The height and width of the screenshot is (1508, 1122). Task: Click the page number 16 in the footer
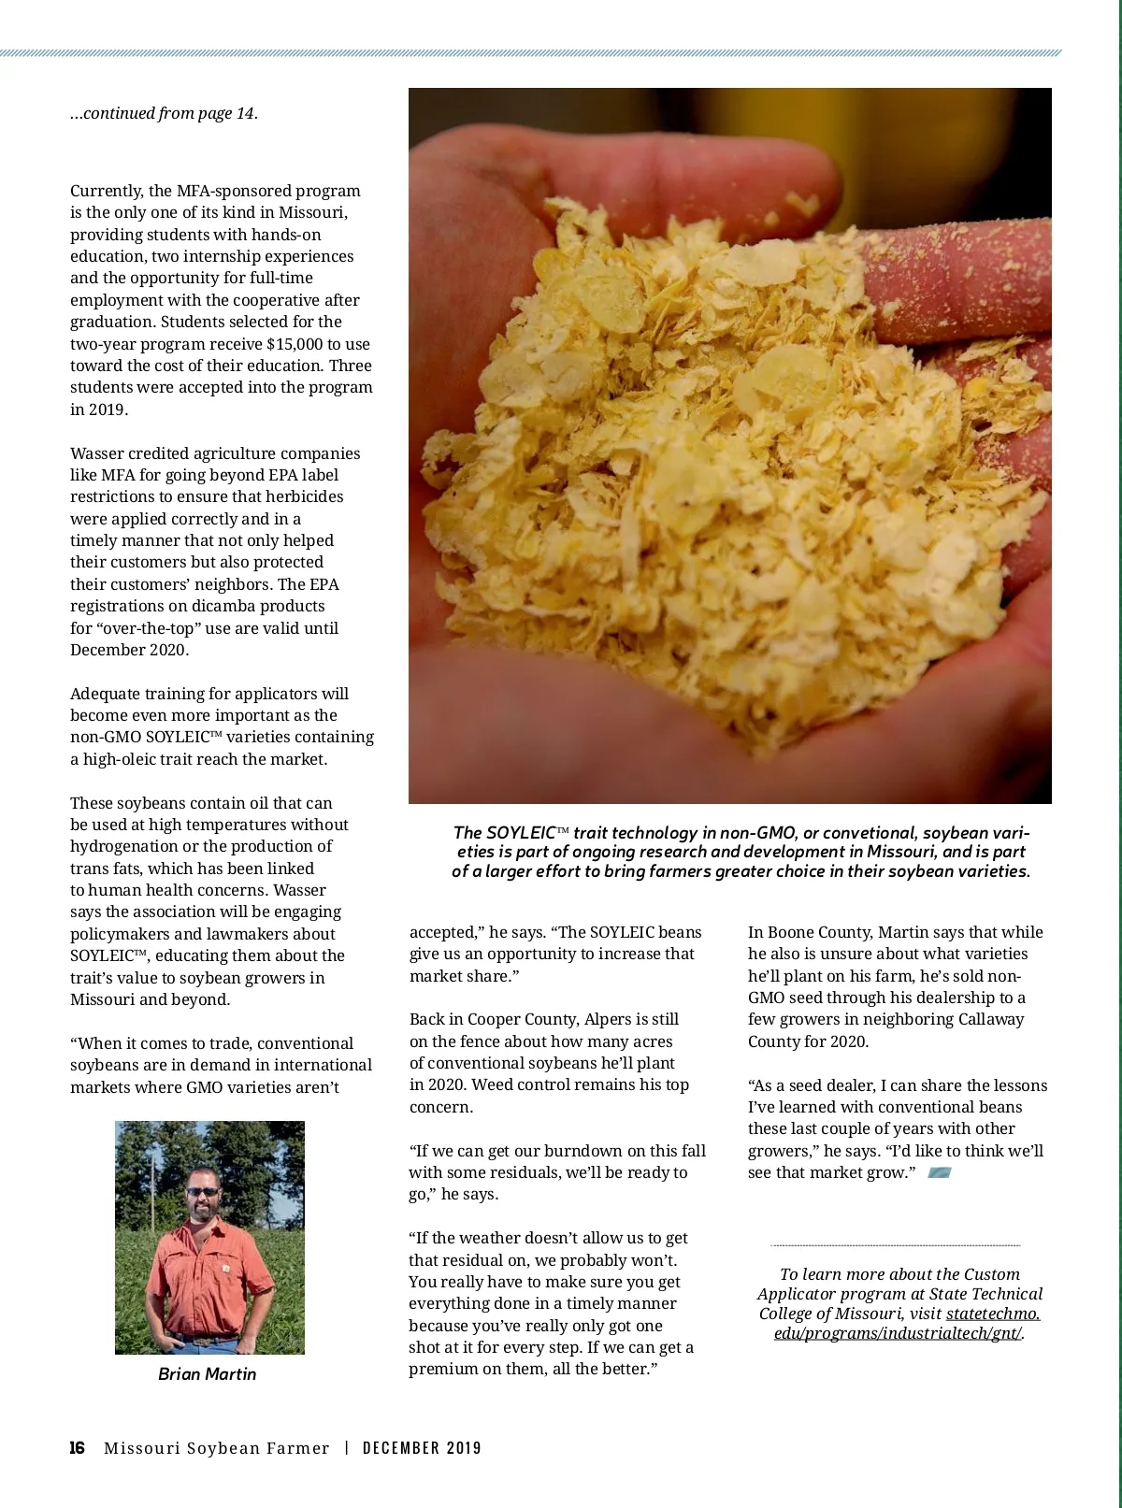click(x=77, y=1448)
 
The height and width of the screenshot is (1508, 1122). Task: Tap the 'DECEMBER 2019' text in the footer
click(x=422, y=1448)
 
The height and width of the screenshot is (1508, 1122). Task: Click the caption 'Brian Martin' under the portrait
click(x=207, y=1373)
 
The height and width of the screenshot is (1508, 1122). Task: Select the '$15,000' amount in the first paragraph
click(x=295, y=344)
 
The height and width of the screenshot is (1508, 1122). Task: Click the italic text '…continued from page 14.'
click(x=164, y=113)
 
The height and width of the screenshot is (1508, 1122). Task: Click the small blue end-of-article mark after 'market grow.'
click(x=939, y=1172)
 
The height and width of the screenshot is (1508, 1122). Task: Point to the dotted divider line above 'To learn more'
click(x=895, y=1245)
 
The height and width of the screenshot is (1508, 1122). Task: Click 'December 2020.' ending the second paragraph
click(x=129, y=650)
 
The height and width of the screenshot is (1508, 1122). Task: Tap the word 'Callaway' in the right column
click(x=992, y=1019)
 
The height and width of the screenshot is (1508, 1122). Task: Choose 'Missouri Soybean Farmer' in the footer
click(x=216, y=1448)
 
